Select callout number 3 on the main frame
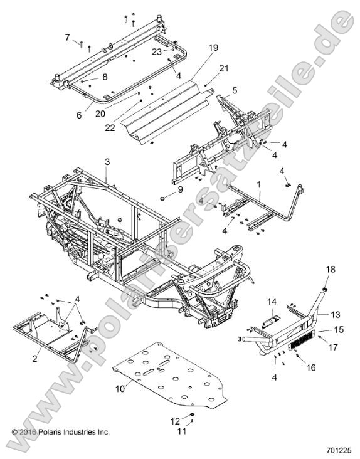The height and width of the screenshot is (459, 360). (x=107, y=162)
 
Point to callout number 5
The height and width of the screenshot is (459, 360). (x=234, y=90)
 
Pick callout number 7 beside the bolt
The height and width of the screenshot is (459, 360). (x=67, y=38)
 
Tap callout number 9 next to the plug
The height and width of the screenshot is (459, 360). (x=162, y=189)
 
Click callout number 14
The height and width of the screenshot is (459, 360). (x=273, y=302)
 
